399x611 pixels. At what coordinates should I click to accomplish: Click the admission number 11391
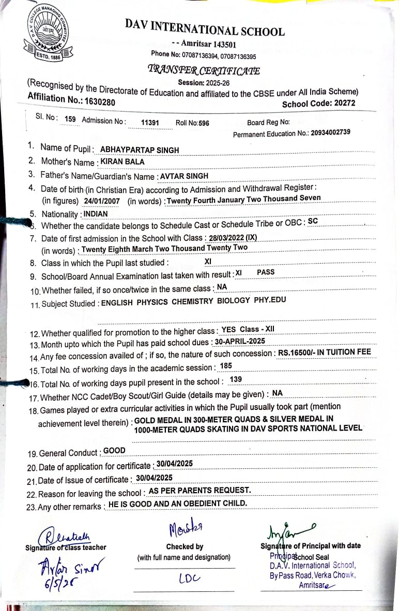150,123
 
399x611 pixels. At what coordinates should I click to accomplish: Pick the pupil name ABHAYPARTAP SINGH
140,150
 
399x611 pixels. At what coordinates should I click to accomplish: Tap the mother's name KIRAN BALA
122,161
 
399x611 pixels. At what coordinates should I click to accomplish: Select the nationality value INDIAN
96,213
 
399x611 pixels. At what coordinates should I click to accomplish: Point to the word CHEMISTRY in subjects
192,301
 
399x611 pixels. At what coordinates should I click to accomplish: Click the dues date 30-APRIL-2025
240,341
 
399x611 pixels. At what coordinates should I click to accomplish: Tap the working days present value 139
236,379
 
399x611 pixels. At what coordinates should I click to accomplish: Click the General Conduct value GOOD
114,450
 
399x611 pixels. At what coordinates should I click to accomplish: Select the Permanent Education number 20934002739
330,132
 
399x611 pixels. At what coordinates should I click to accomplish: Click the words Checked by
185,546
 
